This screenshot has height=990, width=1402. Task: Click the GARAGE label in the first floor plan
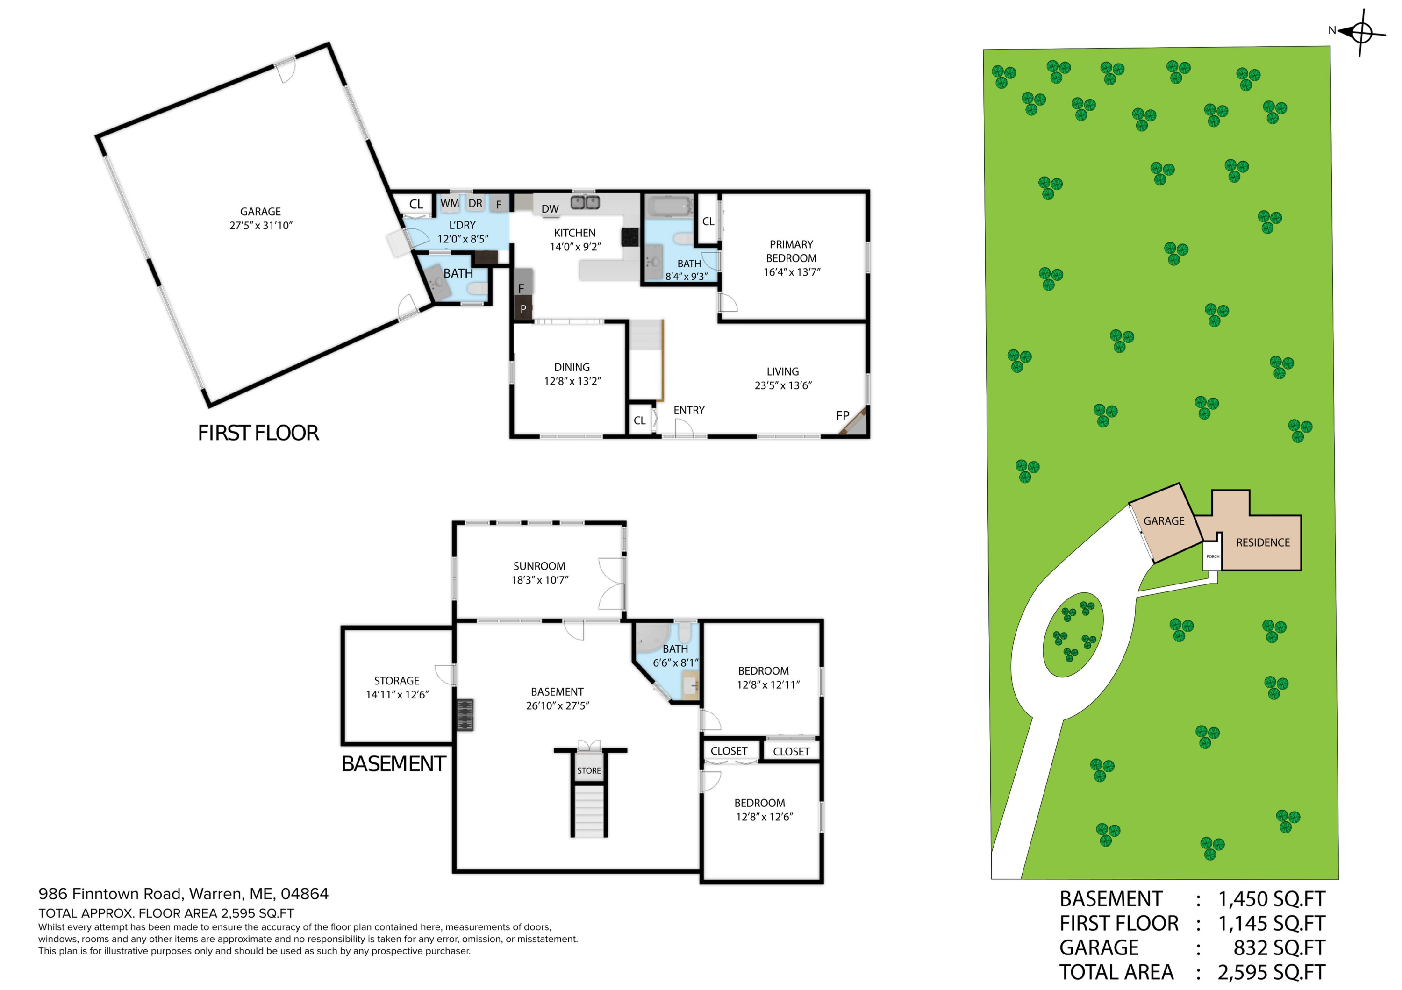pyautogui.click(x=260, y=211)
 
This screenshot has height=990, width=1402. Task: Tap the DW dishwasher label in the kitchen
pyautogui.click(x=550, y=209)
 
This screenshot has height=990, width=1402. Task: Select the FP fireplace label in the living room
pyautogui.click(x=842, y=416)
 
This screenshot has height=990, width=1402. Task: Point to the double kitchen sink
pyautogui.click(x=585, y=202)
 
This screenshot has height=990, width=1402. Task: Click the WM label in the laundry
pyautogui.click(x=450, y=203)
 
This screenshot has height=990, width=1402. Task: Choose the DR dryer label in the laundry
pyautogui.click(x=475, y=203)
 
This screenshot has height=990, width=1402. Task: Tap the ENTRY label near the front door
pyautogui.click(x=689, y=410)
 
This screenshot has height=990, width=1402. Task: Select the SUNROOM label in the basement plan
pyautogui.click(x=539, y=566)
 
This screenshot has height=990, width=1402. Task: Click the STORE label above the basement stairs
pyautogui.click(x=589, y=770)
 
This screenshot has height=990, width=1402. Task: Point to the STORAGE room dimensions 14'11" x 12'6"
pyautogui.click(x=397, y=695)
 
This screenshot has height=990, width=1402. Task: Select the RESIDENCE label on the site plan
pyautogui.click(x=1263, y=542)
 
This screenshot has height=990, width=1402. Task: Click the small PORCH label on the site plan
pyautogui.click(x=1213, y=556)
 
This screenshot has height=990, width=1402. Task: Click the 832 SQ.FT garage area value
pyautogui.click(x=1279, y=948)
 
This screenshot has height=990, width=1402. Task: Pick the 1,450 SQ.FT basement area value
pyautogui.click(x=1271, y=899)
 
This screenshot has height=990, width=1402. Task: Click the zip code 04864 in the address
pyautogui.click(x=304, y=894)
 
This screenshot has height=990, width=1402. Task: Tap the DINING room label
pyautogui.click(x=572, y=367)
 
